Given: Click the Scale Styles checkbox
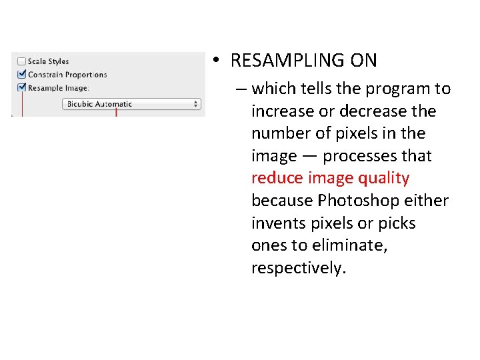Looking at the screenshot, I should pyautogui.click(x=22, y=61).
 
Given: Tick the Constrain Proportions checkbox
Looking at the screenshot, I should pyautogui.click(x=22, y=75).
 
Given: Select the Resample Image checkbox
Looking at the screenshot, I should pyautogui.click(x=22, y=87).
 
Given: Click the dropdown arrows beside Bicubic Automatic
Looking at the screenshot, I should pyautogui.click(x=196, y=104).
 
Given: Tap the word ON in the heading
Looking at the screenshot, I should pyautogui.click(x=361, y=61).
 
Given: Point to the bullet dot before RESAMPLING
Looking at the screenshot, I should pyautogui.click(x=216, y=61).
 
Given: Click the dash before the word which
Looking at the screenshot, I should pyautogui.click(x=239, y=89).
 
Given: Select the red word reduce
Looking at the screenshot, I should pyautogui.click(x=277, y=179).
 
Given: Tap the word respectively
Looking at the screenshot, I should pyautogui.click(x=297, y=268).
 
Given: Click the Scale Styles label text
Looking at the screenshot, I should pyautogui.click(x=49, y=61).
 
